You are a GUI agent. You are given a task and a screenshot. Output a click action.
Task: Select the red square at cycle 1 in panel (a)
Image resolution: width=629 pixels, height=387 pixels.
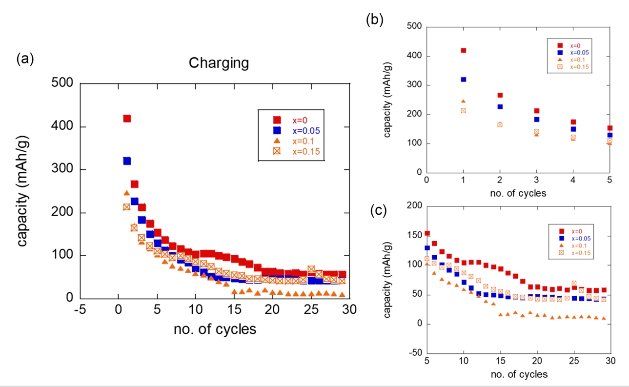(x=127, y=119)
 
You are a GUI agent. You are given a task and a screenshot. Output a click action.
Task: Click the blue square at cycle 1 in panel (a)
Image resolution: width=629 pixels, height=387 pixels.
(x=127, y=161)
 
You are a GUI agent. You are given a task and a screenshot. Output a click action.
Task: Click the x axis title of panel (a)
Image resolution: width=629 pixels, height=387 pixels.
(x=215, y=329)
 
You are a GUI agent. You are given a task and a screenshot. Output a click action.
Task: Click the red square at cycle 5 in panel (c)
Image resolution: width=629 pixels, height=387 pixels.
(x=427, y=233)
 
